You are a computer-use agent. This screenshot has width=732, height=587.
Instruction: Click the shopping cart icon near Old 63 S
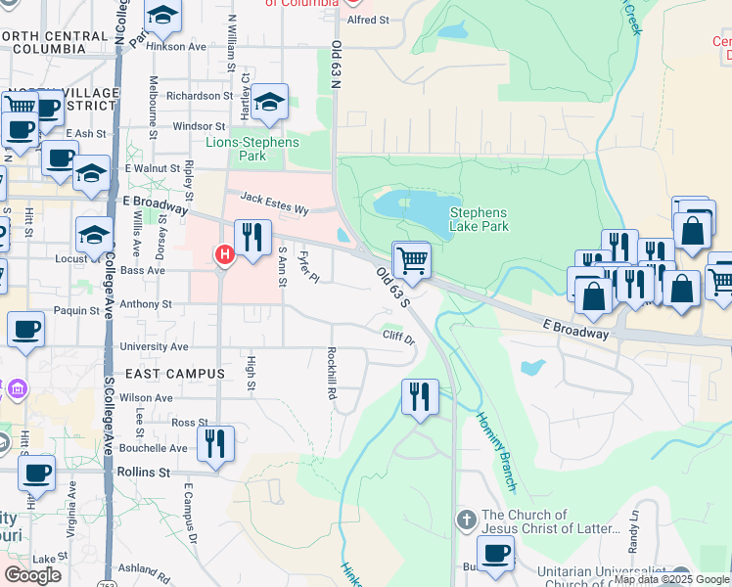(412, 261)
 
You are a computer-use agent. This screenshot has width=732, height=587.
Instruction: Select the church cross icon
(467, 519)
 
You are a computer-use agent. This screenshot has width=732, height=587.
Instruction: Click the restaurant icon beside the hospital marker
(252, 238)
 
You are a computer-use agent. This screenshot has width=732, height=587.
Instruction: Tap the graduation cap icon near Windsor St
(269, 103)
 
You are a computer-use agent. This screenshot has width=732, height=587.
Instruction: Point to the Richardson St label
(199, 96)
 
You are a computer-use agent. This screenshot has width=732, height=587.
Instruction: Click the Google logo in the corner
(32, 575)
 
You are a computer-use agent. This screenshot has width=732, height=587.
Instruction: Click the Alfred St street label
(368, 20)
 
